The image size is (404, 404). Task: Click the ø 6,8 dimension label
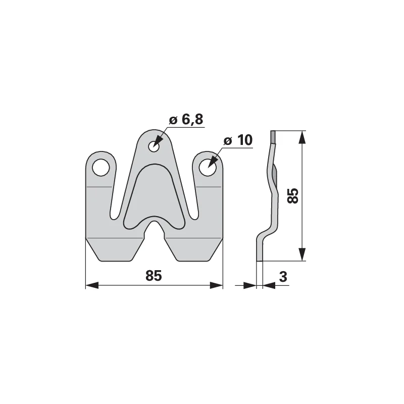click(x=186, y=120)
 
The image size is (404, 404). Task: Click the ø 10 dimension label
click(x=238, y=140)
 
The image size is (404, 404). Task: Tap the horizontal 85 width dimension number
click(x=154, y=276)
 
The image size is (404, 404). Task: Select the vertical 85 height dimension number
click(x=293, y=196)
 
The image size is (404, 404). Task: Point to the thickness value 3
click(x=283, y=277)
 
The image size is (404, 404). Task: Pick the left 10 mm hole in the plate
click(x=101, y=168)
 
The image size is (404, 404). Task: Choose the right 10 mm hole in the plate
click(x=208, y=168)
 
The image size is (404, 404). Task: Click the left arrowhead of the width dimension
click(x=92, y=285)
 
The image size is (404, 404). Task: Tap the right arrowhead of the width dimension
click(x=216, y=285)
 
